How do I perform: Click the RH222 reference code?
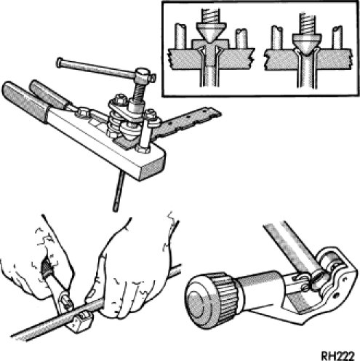338,356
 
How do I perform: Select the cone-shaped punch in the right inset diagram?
308,43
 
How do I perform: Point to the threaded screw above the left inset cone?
211,15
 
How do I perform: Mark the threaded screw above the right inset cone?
308,23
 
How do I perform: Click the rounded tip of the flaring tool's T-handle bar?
59,63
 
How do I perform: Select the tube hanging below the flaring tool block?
119,191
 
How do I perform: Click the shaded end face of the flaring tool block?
153,167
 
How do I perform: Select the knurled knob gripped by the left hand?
47,269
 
